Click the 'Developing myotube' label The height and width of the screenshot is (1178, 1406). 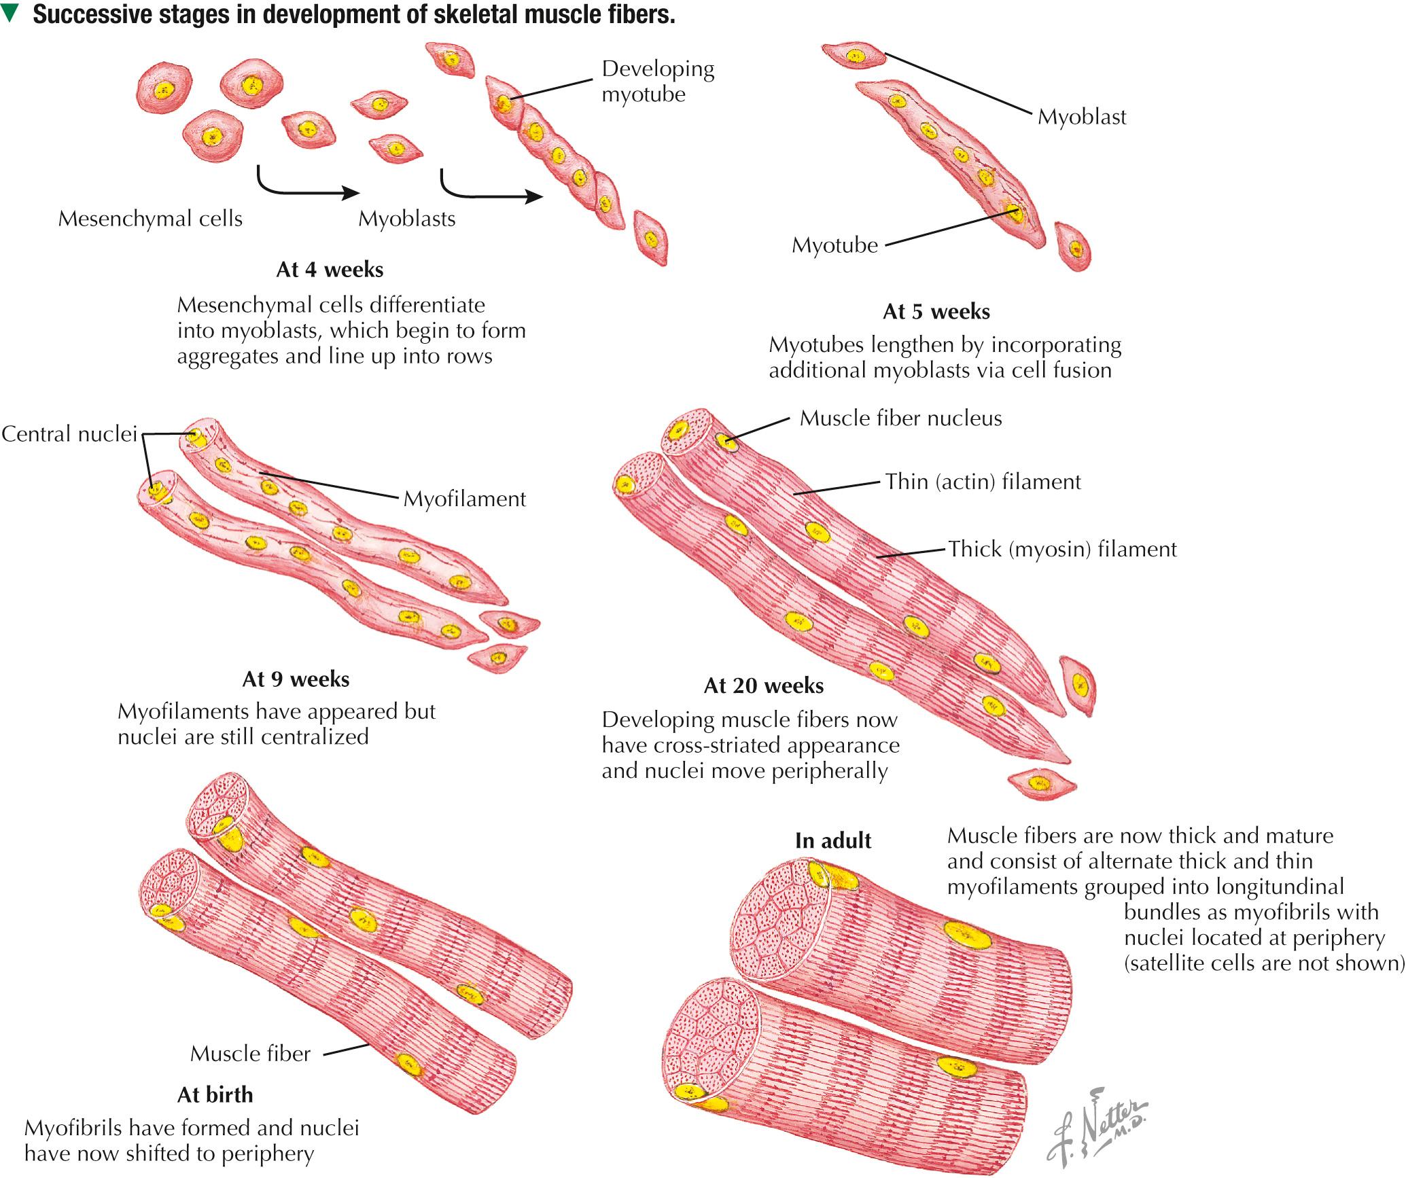point(657,82)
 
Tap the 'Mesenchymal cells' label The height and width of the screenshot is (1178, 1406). point(150,219)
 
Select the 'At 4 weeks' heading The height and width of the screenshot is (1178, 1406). point(330,270)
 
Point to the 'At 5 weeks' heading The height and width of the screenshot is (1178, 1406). point(936,312)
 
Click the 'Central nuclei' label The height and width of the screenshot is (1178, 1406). point(69,434)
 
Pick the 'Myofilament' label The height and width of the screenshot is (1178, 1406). point(464,499)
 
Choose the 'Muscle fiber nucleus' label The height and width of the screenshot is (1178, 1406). point(900,418)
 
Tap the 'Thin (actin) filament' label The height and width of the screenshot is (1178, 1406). point(983,482)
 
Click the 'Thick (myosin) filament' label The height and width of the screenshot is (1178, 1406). point(1062,549)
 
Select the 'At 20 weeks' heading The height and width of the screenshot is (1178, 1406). point(764,686)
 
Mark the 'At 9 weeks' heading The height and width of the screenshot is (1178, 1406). point(296,679)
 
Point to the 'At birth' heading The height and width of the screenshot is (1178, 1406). point(215,1095)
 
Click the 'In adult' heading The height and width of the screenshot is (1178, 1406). point(833,841)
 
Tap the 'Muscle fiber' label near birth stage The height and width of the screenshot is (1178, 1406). point(250,1054)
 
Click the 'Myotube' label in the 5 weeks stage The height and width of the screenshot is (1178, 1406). point(834,245)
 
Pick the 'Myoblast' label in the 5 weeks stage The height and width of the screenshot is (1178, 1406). point(1082,117)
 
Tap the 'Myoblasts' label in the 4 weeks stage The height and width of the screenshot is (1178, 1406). point(406,219)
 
